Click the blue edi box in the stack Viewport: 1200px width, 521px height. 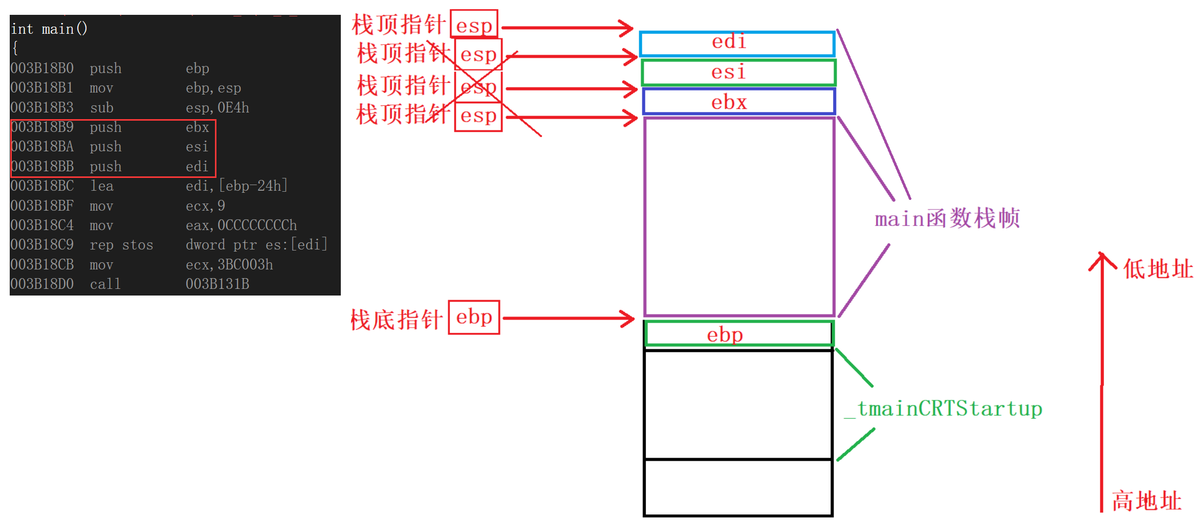pyautogui.click(x=737, y=43)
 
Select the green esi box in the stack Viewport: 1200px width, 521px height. pyautogui.click(x=738, y=73)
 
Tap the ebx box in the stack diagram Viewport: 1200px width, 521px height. pyautogui.click(x=738, y=102)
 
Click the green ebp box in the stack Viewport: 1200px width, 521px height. pyautogui.click(x=738, y=334)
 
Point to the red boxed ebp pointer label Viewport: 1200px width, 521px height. pyautogui.click(x=474, y=318)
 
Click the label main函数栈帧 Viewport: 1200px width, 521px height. pyautogui.click(x=947, y=219)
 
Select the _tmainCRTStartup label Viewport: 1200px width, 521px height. pyautogui.click(x=943, y=409)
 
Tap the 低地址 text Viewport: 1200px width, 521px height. pyautogui.click(x=1158, y=269)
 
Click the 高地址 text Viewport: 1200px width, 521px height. pyautogui.click(x=1146, y=501)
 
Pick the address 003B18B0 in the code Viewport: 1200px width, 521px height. pyautogui.click(x=42, y=69)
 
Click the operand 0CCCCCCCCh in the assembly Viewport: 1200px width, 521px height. pyautogui.click(x=257, y=225)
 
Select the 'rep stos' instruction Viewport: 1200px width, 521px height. pyautogui.click(x=121, y=245)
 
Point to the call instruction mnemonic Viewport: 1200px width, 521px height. pyautogui.click(x=105, y=284)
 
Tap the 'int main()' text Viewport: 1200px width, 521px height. pyautogui.click(x=49, y=29)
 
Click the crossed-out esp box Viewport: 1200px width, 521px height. pyautogui.click(x=478, y=87)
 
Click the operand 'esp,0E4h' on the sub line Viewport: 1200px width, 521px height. pyautogui.click(x=217, y=108)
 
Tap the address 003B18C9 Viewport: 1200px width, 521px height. pyautogui.click(x=42, y=245)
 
